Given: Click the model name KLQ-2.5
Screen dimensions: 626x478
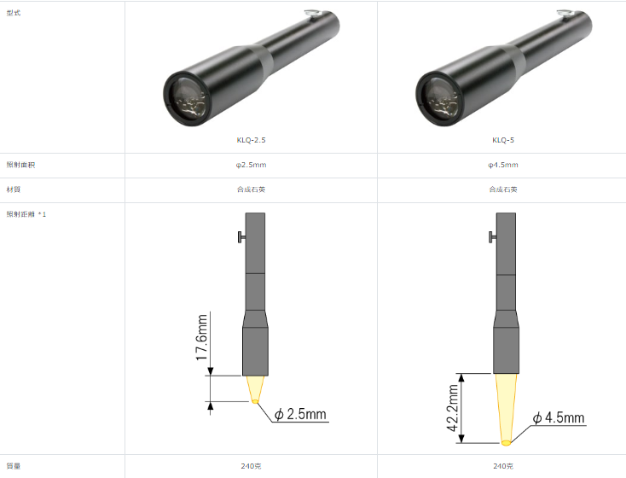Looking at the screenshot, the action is tap(251, 140).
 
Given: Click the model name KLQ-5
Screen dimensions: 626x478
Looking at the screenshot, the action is tap(503, 140).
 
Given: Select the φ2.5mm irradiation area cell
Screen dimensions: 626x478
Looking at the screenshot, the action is tap(251, 165).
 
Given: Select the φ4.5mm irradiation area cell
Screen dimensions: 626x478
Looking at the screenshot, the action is tap(503, 165).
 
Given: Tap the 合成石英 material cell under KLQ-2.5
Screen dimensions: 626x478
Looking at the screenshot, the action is tap(251, 189).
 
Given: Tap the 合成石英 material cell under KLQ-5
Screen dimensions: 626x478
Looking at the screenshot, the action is tap(503, 189).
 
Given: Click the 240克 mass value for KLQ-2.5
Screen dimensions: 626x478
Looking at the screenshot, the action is tap(251, 466).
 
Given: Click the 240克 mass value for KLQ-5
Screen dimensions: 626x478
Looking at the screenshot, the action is tap(503, 466).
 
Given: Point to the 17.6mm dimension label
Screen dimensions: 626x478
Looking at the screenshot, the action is tap(201, 337).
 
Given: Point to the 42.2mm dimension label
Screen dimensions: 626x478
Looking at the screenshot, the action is tap(452, 408).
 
